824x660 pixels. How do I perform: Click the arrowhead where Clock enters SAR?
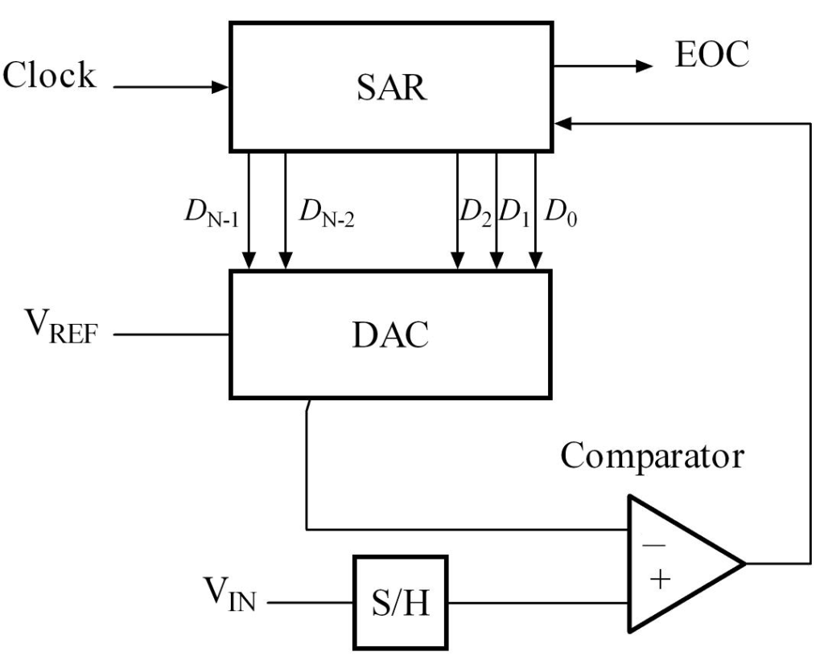pos(222,85)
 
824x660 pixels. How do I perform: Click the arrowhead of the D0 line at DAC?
pos(535,262)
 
